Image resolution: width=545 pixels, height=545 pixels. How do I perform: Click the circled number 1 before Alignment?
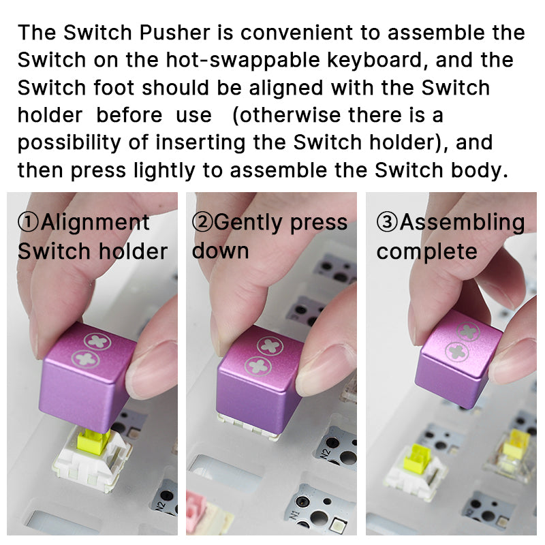pos(29,223)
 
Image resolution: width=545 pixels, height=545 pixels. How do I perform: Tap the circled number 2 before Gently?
pos(203,223)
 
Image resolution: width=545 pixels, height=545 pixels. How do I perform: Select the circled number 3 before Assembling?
pos(388,223)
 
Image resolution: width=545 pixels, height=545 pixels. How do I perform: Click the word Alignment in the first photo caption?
pos(95,223)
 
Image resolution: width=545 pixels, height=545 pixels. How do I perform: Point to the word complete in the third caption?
pos(426,251)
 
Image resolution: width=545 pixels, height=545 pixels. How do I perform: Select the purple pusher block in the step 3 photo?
pos(458,358)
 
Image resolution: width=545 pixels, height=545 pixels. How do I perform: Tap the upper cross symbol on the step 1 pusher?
pos(96,341)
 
